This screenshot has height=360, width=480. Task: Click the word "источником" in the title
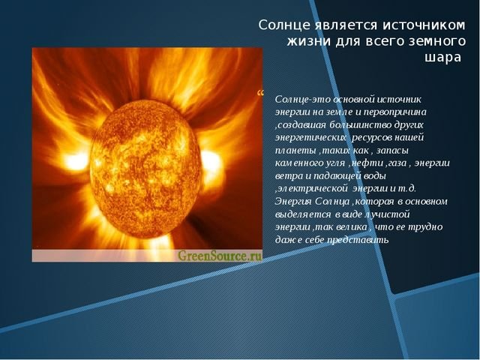coord(423,25)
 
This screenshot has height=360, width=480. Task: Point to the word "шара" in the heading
coord(442,57)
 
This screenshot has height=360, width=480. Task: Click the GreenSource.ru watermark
coord(220,255)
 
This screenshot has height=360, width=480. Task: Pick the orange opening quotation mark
coord(260,93)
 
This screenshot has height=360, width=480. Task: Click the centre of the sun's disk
coord(146,169)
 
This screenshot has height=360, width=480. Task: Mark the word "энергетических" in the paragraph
coord(310,138)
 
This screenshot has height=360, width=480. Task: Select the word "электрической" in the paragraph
coord(313,188)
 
